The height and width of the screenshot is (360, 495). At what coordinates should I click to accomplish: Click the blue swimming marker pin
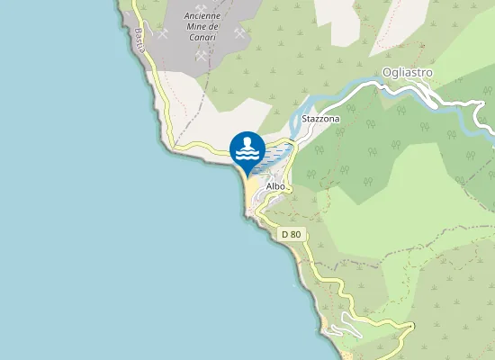click(x=247, y=149)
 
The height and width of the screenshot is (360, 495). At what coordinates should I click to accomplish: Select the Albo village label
click(x=275, y=186)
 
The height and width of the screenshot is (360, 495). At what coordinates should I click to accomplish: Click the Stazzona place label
click(x=321, y=119)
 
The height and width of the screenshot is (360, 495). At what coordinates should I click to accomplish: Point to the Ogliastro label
click(x=408, y=72)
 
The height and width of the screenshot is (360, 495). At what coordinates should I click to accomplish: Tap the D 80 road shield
click(x=291, y=234)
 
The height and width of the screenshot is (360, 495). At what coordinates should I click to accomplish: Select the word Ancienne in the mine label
click(x=201, y=16)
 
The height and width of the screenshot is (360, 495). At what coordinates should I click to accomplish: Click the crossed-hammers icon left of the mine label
click(x=163, y=34)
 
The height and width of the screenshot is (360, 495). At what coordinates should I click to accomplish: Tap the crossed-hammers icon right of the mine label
click(x=239, y=33)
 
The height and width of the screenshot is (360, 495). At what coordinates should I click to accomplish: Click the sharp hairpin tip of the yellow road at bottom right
click(x=413, y=324)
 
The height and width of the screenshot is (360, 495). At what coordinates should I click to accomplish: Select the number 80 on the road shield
click(x=295, y=234)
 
